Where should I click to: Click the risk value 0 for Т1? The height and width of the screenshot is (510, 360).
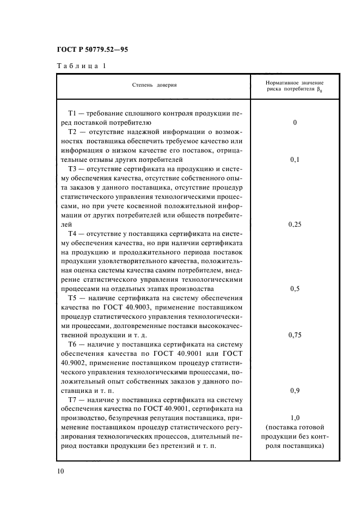click(295, 123)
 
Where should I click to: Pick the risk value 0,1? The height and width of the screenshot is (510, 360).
click(295, 160)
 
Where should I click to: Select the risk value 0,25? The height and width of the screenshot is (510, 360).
click(295, 224)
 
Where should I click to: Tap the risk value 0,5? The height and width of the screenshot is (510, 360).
click(295, 289)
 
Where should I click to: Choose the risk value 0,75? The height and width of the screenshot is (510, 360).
click(295, 335)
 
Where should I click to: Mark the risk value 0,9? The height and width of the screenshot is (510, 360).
click(295, 391)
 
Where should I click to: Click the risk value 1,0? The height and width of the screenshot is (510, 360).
click(295, 418)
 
